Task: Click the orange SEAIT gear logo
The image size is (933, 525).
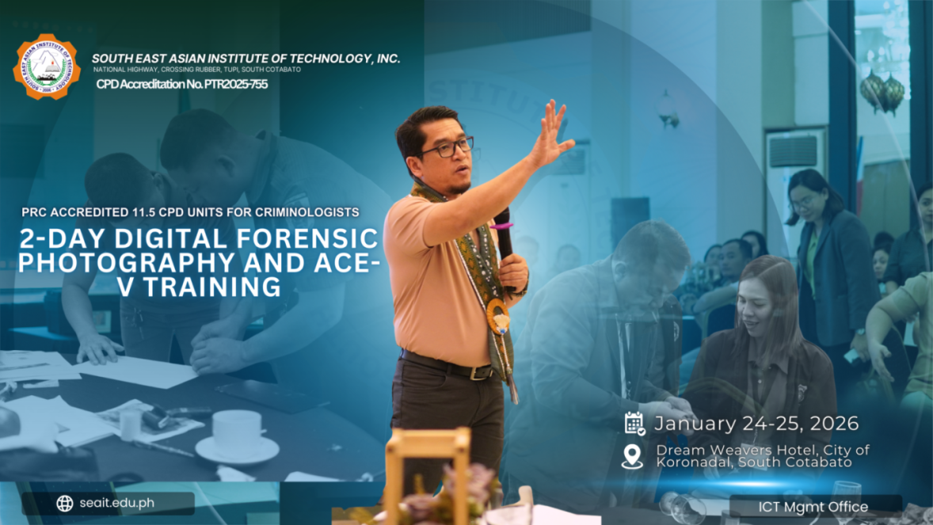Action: pyautogui.click(x=48, y=67)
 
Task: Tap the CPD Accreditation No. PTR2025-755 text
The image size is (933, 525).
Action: pyautogui.click(x=181, y=84)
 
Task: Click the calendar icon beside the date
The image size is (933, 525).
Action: pyautogui.click(x=634, y=424)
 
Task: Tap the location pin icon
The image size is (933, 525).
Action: pyautogui.click(x=632, y=456)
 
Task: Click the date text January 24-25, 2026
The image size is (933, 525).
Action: pyautogui.click(x=756, y=424)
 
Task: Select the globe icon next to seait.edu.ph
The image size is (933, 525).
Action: pyautogui.click(x=65, y=504)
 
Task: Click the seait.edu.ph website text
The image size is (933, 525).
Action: pyautogui.click(x=116, y=504)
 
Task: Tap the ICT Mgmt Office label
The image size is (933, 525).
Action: pyautogui.click(x=813, y=507)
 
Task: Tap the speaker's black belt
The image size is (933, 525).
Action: pyautogui.click(x=447, y=366)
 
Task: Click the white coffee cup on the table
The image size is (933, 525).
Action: pyautogui.click(x=236, y=432)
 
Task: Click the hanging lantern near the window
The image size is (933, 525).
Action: pyautogui.click(x=883, y=90)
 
